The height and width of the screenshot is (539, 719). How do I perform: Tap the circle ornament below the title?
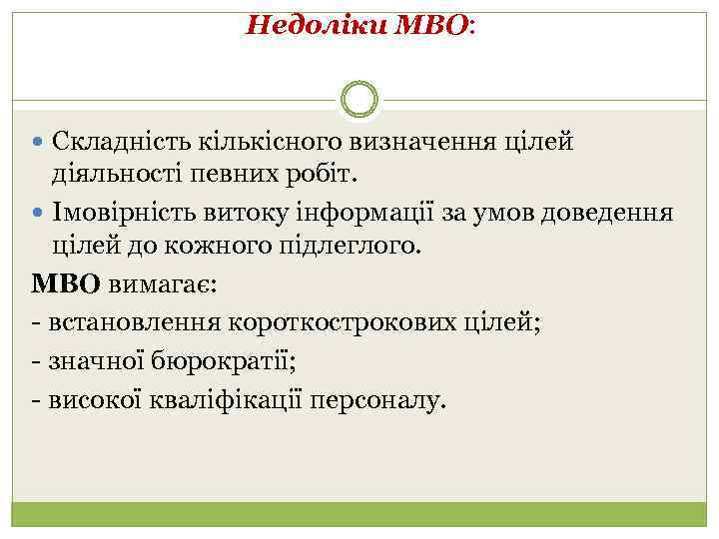359,99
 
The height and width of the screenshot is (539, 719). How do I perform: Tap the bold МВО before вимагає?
66,283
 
